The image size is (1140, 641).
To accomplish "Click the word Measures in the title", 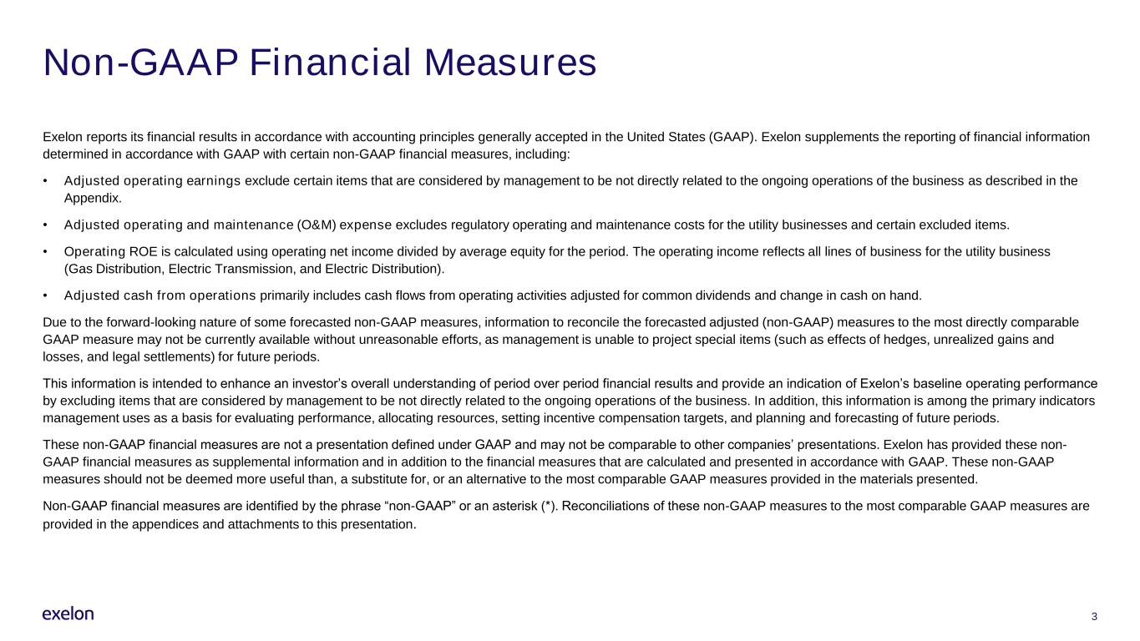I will click(x=511, y=63).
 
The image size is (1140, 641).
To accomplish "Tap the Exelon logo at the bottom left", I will click(x=68, y=613).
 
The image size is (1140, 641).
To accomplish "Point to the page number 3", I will click(x=1094, y=617).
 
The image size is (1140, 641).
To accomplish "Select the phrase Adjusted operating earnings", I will click(x=152, y=181).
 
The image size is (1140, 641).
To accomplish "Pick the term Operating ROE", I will click(x=105, y=251).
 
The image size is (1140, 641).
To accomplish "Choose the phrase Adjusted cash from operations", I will click(x=160, y=295).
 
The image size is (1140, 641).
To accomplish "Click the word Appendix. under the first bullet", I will click(x=93, y=199).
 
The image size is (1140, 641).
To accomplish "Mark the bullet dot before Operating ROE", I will click(x=46, y=251).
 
